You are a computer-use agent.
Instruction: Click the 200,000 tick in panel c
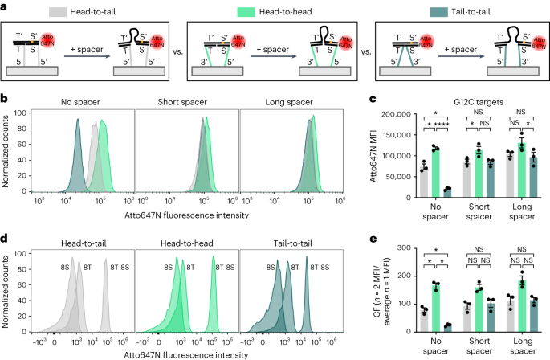click(x=405, y=115)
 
